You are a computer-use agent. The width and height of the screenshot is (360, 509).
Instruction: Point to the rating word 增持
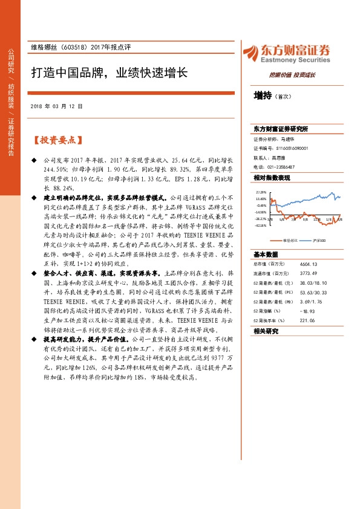[x=262, y=96]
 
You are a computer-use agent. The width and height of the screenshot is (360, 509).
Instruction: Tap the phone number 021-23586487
[x=281, y=166]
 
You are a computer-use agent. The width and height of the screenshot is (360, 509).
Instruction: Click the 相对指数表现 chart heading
[x=272, y=177]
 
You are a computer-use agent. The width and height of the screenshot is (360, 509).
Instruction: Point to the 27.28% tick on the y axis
[x=261, y=192]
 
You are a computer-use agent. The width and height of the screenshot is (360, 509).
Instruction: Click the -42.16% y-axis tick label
[x=261, y=225]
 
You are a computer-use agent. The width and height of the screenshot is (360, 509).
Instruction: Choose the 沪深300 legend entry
[x=319, y=241]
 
